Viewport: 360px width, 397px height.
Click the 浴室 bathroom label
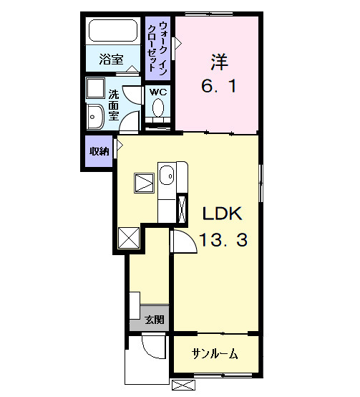(111, 59)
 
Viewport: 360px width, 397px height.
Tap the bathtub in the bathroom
(112, 32)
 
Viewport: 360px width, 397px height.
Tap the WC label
(158, 92)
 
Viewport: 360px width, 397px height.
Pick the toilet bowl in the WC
(158, 109)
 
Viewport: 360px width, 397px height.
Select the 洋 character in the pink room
(218, 62)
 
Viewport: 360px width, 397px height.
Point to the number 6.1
(218, 88)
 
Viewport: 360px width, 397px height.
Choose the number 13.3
(223, 240)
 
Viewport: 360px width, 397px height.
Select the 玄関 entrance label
(152, 320)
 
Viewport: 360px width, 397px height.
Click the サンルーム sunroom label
(215, 354)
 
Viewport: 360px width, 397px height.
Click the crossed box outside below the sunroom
(183, 386)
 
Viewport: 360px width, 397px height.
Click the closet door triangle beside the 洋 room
(178, 43)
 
